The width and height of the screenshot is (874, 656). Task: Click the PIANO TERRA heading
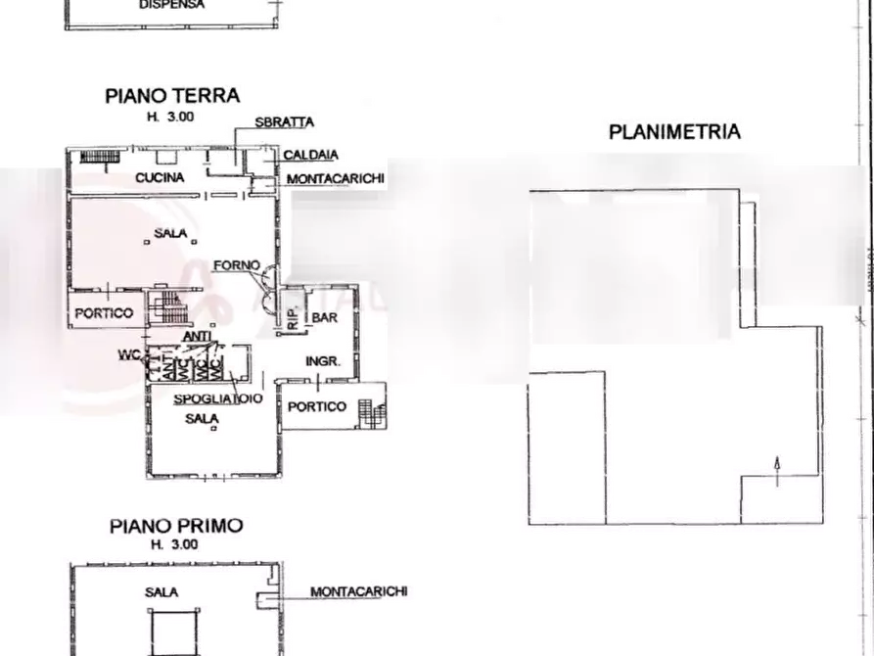[171, 96]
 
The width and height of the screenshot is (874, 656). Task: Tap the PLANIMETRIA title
[673, 132]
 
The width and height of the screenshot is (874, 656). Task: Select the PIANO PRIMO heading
[169, 527]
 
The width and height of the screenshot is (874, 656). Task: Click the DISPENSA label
[172, 4]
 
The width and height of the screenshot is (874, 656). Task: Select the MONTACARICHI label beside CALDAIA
[335, 178]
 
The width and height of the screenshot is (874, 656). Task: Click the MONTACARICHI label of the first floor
[352, 592]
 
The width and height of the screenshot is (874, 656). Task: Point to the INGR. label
[323, 361]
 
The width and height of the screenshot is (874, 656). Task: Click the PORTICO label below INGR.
[322, 406]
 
